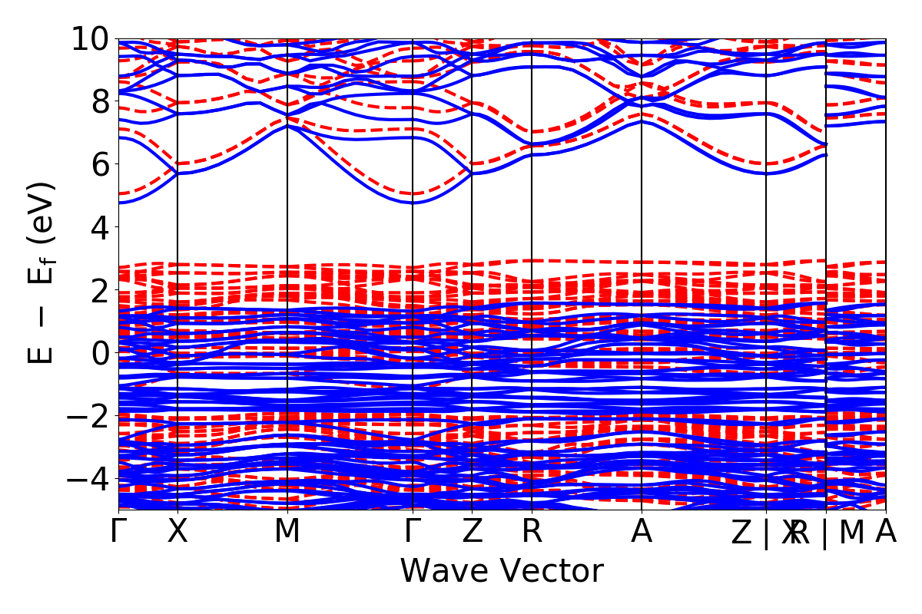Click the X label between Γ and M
177,532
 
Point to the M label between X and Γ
287,532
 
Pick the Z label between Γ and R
471,532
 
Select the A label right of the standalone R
642,532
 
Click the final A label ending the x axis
886,532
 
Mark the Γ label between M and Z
413,532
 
